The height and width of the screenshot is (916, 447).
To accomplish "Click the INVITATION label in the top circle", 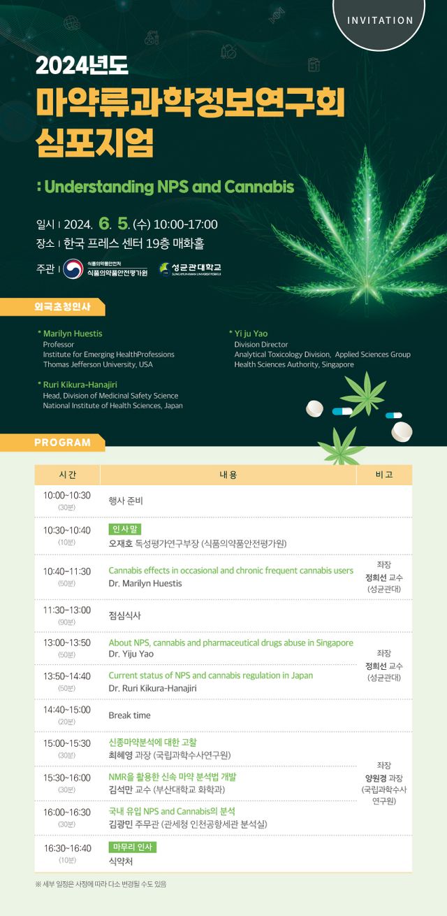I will pyautogui.click(x=380, y=20).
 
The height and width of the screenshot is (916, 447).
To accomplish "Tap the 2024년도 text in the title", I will pyautogui.click(x=82, y=66).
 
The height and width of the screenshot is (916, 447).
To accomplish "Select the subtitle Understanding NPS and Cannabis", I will pyautogui.click(x=166, y=187).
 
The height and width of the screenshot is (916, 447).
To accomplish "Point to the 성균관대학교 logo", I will pyautogui.click(x=190, y=269).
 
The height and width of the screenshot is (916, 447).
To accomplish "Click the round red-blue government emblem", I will pyautogui.click(x=73, y=269).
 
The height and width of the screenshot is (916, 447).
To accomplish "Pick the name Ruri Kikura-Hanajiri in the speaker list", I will pyautogui.click(x=81, y=385).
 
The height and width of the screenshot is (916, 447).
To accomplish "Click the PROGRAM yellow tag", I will pyautogui.click(x=63, y=443).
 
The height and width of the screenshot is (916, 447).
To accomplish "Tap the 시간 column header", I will pyautogui.click(x=68, y=475).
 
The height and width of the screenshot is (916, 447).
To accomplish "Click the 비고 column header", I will pyautogui.click(x=383, y=475).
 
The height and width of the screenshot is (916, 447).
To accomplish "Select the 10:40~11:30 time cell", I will pyautogui.click(x=67, y=571).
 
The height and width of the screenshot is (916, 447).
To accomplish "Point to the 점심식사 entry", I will pyautogui.click(x=124, y=616).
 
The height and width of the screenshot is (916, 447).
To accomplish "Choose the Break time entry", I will pyautogui.click(x=129, y=715).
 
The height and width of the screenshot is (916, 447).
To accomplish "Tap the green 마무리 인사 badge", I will pyautogui.click(x=132, y=847).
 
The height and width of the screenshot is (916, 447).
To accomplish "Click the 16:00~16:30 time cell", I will pyautogui.click(x=67, y=813).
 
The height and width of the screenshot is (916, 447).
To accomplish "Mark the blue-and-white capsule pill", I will pyautogui.click(x=343, y=412).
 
